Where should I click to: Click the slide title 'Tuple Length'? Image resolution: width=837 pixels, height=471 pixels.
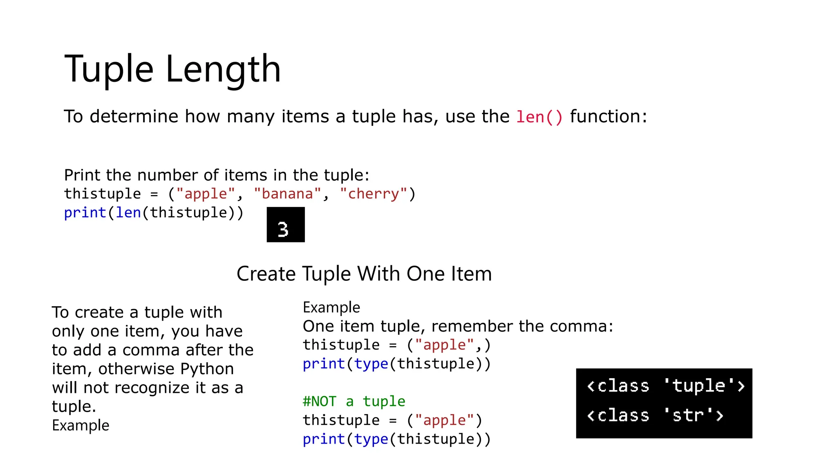(172, 69)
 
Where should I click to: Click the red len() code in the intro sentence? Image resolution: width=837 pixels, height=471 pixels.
(539, 117)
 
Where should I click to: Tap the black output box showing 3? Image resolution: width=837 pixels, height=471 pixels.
(285, 224)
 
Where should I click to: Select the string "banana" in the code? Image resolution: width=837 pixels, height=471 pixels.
(287, 194)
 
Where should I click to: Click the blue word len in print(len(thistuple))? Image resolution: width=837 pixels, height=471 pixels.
(128, 213)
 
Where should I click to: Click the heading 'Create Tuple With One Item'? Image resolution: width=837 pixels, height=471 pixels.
(364, 274)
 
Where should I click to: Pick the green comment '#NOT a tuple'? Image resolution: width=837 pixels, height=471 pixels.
(354, 401)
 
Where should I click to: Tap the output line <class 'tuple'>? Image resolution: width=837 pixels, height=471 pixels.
(665, 386)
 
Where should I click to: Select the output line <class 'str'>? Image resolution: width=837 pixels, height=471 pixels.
(655, 415)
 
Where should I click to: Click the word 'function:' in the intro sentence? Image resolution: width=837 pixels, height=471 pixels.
(609, 117)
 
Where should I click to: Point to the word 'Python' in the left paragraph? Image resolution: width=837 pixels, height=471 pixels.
(207, 369)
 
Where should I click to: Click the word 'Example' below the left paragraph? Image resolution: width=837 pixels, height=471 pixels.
(81, 426)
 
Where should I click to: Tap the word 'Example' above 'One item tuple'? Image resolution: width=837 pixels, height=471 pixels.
(331, 307)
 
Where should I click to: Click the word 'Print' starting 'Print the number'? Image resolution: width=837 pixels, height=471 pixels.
(82, 175)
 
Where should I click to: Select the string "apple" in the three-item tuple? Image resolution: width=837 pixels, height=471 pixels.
(206, 194)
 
